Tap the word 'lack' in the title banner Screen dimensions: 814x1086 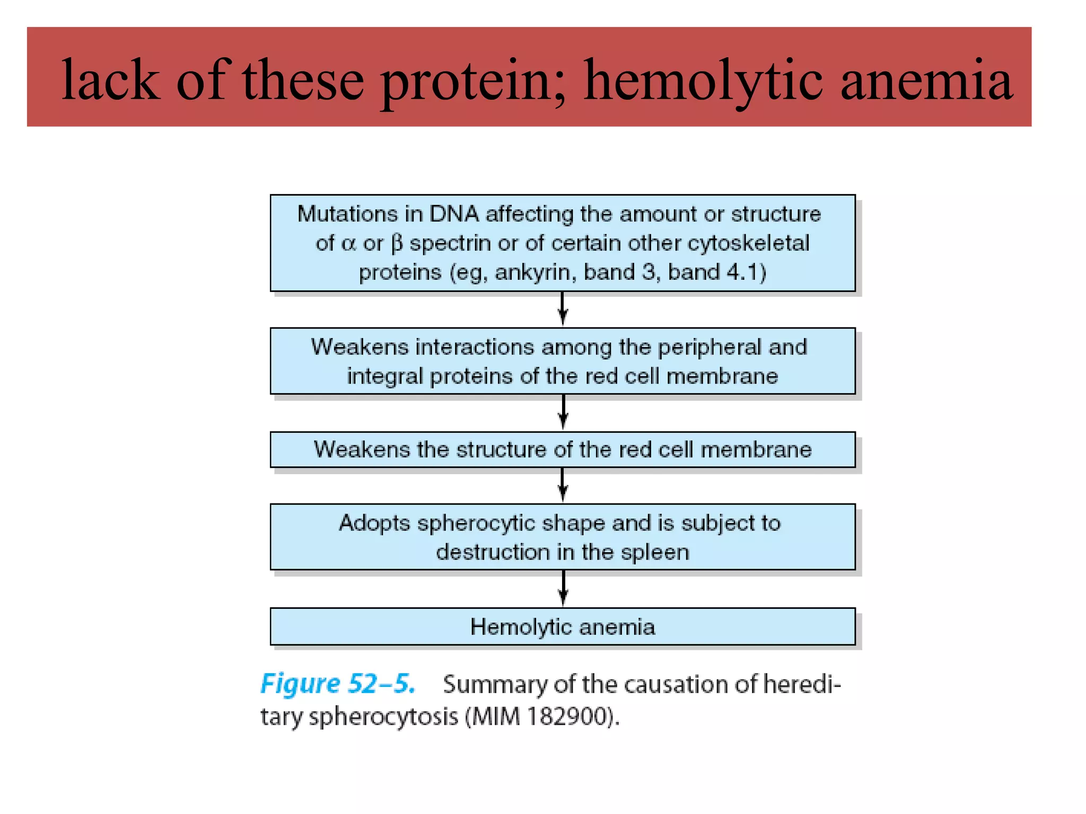tap(110, 81)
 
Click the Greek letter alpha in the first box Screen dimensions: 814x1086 tap(348, 244)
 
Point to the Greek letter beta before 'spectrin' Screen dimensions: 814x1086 tap(397, 244)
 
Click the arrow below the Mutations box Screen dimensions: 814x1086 tap(563, 309)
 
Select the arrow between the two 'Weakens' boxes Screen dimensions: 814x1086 tap(563, 412)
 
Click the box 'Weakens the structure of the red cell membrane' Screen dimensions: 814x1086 tap(563, 449)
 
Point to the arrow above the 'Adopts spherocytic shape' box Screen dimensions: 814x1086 tap(563, 485)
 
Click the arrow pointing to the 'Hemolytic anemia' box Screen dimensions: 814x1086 tap(563, 588)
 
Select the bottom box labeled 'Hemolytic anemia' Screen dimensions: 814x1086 tap(563, 627)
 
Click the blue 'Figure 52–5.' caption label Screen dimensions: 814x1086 tap(338, 684)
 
